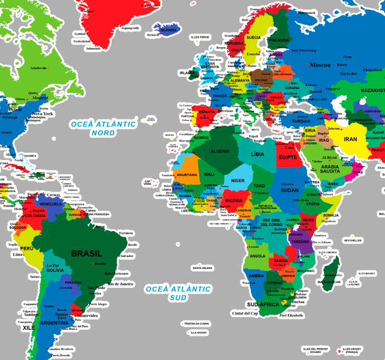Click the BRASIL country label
click(x=87, y=253)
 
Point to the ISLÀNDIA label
click(x=168, y=30)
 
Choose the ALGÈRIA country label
click(x=220, y=151)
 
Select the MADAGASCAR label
click(x=329, y=282)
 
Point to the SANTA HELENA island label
click(x=202, y=268)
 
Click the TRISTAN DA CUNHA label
click(x=197, y=323)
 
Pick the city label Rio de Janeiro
click(x=120, y=284)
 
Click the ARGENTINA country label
click(x=54, y=323)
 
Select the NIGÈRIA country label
click(x=233, y=200)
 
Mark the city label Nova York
click(x=42, y=114)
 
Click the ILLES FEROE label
click(x=200, y=37)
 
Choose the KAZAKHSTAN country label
click(x=372, y=90)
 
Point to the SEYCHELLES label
click(x=352, y=240)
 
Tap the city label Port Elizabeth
click(x=291, y=315)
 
